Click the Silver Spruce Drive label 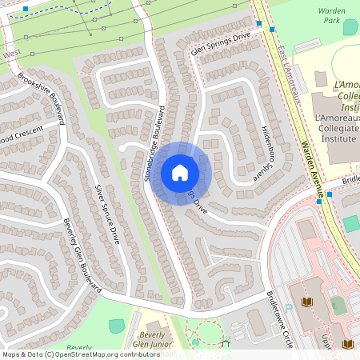(x=107, y=214)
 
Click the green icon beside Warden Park (x=350, y=26)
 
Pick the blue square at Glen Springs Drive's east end (x=271, y=30)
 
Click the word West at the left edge (x=11, y=54)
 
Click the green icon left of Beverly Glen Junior (x=116, y=326)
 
